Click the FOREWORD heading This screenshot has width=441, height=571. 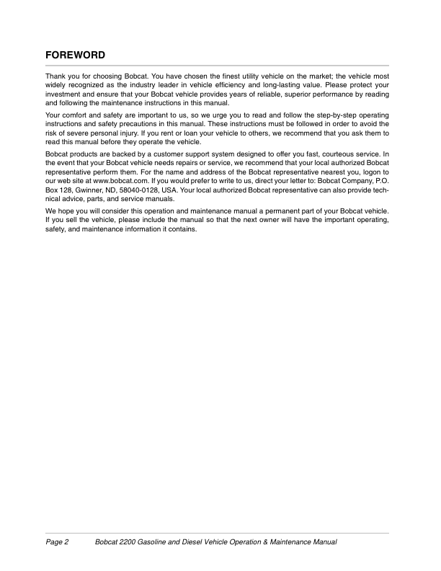tap(76, 55)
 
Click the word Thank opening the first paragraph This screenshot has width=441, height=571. tap(56, 76)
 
